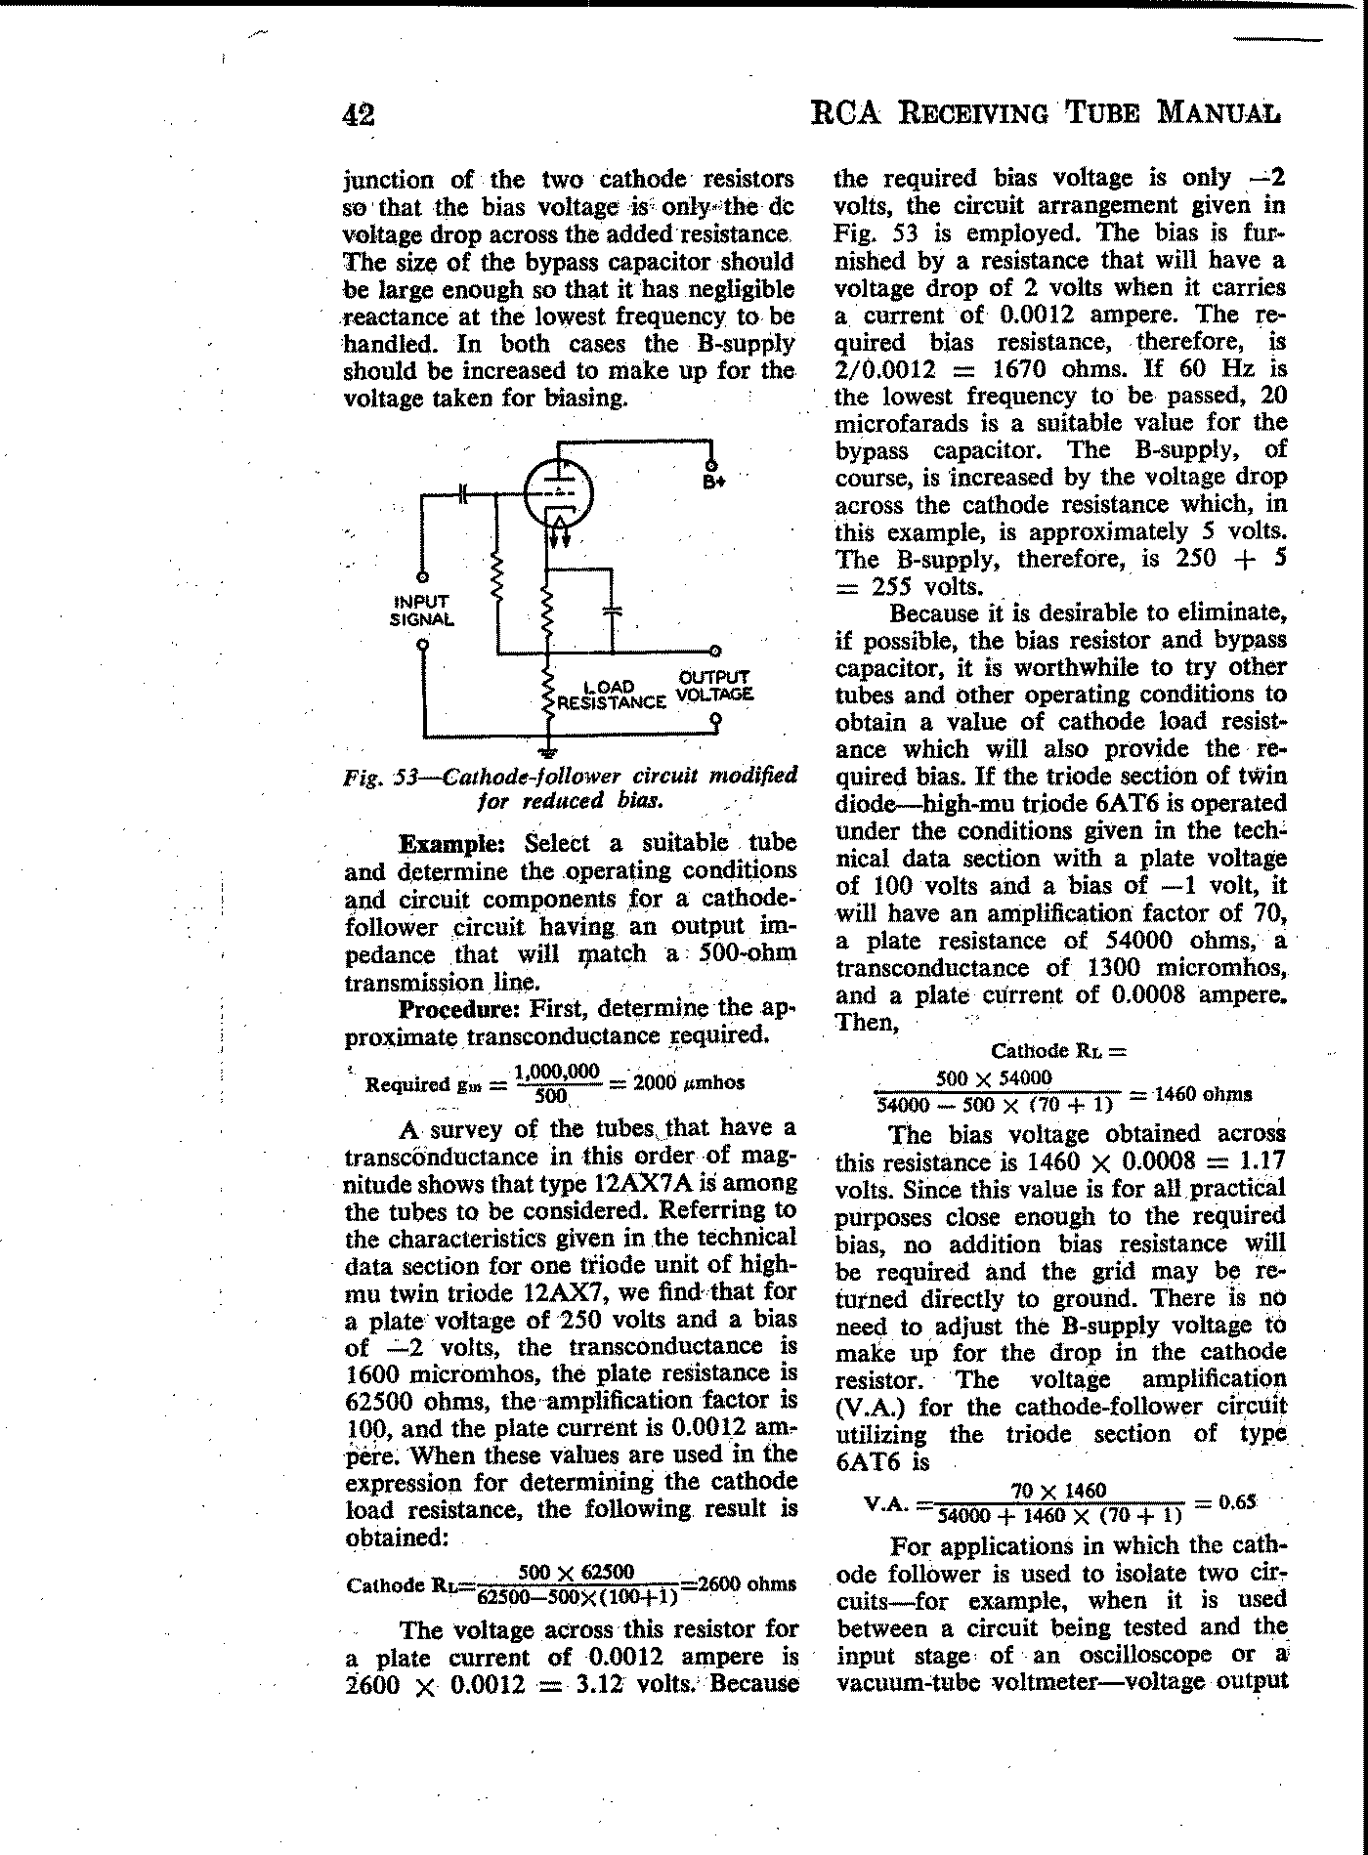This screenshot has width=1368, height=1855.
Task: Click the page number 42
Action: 358,115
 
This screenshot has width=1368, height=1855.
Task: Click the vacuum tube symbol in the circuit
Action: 558,493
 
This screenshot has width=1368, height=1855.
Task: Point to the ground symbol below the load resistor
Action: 549,751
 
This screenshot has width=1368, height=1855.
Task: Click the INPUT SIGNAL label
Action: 421,611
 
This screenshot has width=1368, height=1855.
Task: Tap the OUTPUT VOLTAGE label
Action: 714,686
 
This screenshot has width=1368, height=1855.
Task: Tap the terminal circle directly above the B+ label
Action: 712,465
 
